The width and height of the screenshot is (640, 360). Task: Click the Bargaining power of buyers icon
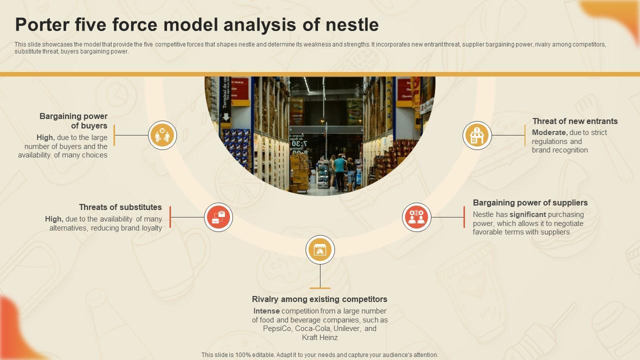(162, 135)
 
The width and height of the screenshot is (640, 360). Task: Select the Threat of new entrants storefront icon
(477, 135)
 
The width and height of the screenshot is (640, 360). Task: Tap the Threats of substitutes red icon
(218, 217)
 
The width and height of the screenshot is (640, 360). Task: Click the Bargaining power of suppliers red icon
(416, 217)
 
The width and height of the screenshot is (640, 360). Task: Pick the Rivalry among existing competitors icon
(320, 249)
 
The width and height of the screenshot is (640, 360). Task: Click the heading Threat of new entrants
(574, 121)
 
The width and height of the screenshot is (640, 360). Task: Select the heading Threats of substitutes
(120, 207)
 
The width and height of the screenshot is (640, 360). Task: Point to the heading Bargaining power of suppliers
(530, 202)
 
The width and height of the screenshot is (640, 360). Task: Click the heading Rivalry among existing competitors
(319, 299)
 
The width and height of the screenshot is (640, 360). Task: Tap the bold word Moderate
(549, 132)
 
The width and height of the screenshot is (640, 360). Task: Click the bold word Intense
(266, 311)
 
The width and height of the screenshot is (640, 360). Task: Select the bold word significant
(527, 214)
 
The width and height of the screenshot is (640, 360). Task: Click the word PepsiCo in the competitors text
(277, 328)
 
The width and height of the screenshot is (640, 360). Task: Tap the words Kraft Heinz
(320, 337)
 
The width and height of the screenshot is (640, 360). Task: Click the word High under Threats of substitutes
(53, 219)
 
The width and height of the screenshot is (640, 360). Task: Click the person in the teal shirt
(340, 170)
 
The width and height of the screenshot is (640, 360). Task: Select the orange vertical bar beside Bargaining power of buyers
(114, 135)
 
